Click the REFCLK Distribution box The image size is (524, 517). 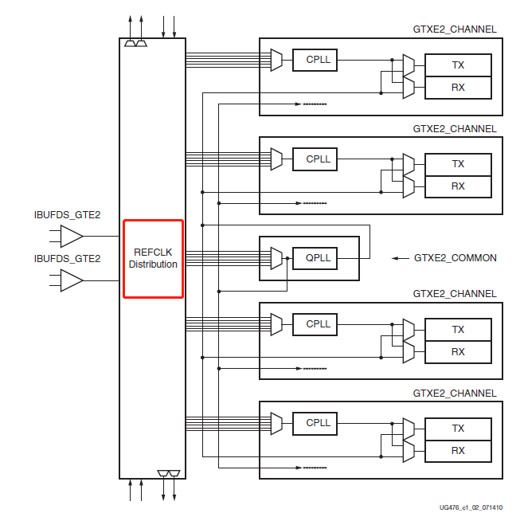pyautogui.click(x=153, y=258)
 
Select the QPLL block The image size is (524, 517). pyautogui.click(x=318, y=258)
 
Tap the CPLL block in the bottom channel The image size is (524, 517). pyautogui.click(x=318, y=423)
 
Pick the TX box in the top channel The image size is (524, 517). pyautogui.click(x=458, y=65)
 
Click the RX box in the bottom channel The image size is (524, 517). pyautogui.click(x=458, y=451)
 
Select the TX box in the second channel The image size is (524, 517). pyautogui.click(x=458, y=164)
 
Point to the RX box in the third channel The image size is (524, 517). pyautogui.click(x=458, y=352)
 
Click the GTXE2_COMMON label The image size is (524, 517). pyautogui.click(x=455, y=258)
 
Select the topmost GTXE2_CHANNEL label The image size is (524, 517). pyautogui.click(x=454, y=29)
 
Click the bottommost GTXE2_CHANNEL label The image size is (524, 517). pyautogui.click(x=454, y=394)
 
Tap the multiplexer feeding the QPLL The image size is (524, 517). pyautogui.click(x=276, y=258)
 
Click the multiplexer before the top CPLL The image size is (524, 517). pyautogui.click(x=276, y=60)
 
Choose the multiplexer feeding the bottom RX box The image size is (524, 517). pyautogui.click(x=409, y=449)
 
